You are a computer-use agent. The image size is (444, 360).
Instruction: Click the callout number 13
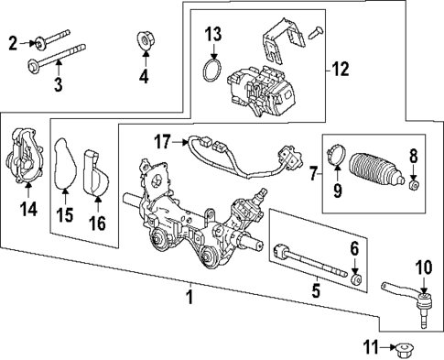(x=212, y=34)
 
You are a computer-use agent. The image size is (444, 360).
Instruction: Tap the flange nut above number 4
(x=145, y=40)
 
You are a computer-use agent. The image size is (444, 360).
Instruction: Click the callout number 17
(x=162, y=142)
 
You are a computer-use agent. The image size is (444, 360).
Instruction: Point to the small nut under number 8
(x=414, y=184)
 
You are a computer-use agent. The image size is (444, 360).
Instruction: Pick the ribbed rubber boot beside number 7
(x=377, y=169)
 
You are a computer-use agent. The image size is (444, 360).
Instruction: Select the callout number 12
(x=341, y=70)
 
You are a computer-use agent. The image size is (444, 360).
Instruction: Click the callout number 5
(x=316, y=290)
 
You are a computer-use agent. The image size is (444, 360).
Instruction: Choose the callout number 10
(x=424, y=267)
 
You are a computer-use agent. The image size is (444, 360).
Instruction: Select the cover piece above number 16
(x=97, y=172)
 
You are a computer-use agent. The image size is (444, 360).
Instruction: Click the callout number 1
(x=190, y=297)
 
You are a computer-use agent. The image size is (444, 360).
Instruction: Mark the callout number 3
(x=58, y=84)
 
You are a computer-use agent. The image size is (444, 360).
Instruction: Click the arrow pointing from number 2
(x=27, y=43)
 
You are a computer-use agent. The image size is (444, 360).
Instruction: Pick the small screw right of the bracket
(x=316, y=32)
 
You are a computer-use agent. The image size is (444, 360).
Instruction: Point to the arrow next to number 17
(x=179, y=142)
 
